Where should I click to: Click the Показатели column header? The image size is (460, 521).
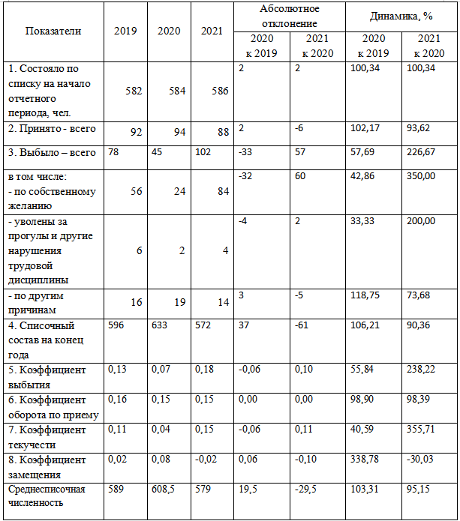[x=53, y=31]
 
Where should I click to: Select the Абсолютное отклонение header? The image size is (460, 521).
[x=289, y=16]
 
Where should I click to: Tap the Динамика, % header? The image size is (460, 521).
[x=401, y=16]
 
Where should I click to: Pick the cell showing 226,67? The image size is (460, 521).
[x=430, y=153]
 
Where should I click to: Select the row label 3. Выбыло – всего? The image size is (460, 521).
[x=52, y=153]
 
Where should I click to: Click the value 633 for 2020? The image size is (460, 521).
[x=159, y=327]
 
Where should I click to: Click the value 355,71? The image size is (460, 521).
[x=430, y=430]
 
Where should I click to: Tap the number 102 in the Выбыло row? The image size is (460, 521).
[x=205, y=153]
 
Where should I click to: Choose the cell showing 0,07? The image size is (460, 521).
[x=160, y=370]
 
